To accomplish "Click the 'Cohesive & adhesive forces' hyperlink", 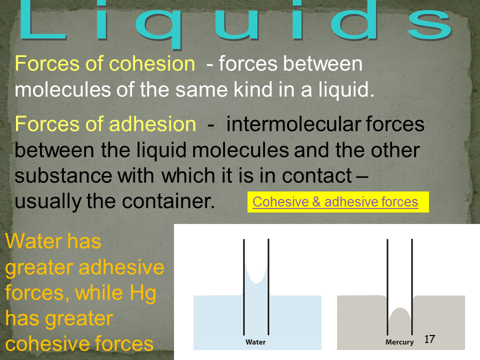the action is click(x=335, y=202).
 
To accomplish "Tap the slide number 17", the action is click(x=429, y=339).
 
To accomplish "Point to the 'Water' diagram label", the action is click(x=255, y=342).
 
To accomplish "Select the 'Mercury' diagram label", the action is click(x=399, y=342).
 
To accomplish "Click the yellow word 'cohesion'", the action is click(x=152, y=63).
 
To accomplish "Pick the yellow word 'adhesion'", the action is click(x=152, y=124).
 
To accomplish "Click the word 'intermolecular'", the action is click(x=293, y=124).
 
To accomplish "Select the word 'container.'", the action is click(x=168, y=201).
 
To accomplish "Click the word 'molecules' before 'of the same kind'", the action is click(x=63, y=89).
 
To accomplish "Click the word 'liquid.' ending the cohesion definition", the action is click(x=346, y=89).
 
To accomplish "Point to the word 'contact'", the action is click(x=317, y=175).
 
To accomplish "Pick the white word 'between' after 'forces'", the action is click(x=322, y=63).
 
